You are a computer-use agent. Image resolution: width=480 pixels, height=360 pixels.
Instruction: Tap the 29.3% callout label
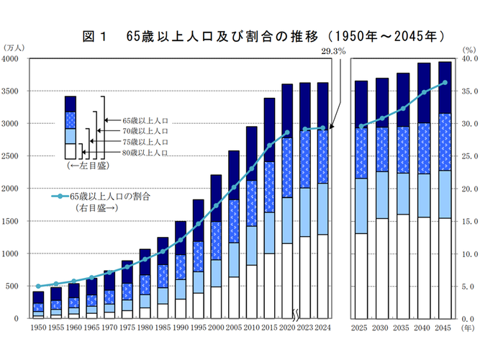[x=333, y=51]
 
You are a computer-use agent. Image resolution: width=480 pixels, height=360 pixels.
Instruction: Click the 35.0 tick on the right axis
[x=467, y=91]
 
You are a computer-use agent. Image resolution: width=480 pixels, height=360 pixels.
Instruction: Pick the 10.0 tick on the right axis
[x=467, y=253]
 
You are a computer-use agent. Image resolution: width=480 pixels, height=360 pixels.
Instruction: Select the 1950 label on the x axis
[x=38, y=328]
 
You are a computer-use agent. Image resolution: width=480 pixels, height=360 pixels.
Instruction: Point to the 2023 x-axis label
[x=304, y=328]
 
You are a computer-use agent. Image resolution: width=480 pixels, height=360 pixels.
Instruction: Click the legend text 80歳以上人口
[x=145, y=153]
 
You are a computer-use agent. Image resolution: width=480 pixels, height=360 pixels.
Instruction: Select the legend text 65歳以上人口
[x=145, y=120]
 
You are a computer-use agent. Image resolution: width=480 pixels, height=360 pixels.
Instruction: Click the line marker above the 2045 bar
[x=444, y=82]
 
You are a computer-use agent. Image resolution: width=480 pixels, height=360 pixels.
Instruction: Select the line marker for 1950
[x=38, y=286]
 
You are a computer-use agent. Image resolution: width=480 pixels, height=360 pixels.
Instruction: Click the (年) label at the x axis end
[x=468, y=328]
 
